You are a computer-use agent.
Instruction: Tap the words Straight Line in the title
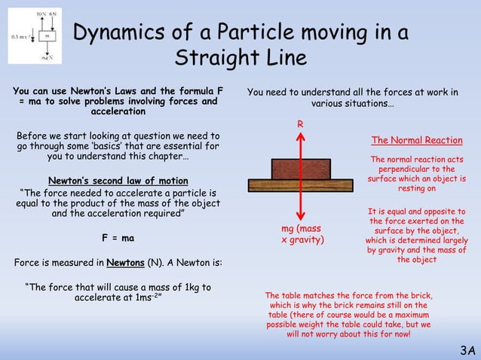pyautogui.click(x=240, y=58)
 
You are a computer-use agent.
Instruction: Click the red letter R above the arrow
pyautogui.click(x=300, y=123)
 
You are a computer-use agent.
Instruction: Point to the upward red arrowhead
pyautogui.click(x=300, y=139)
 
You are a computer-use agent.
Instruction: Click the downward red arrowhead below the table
pyautogui.click(x=300, y=214)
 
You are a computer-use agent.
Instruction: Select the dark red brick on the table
pyautogui.click(x=300, y=166)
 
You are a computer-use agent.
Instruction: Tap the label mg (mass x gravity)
pyautogui.click(x=301, y=233)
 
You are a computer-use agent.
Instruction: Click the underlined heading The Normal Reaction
pyautogui.click(x=417, y=141)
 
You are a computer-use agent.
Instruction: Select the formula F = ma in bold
pyautogui.click(x=118, y=239)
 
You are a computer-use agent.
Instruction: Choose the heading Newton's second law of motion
pyautogui.click(x=118, y=181)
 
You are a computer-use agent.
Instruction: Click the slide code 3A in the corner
pyautogui.click(x=467, y=350)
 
